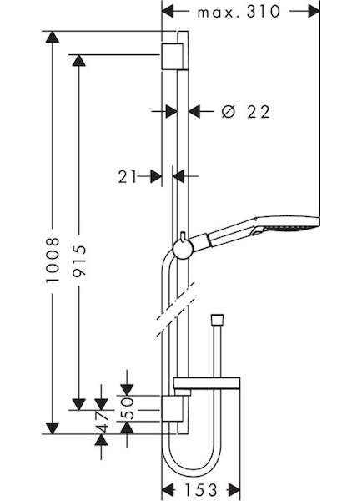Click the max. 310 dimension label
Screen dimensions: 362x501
click(239, 13)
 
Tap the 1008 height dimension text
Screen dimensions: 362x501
click(53, 260)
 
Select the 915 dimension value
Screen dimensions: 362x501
click(79, 261)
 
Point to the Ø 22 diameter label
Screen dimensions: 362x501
click(246, 112)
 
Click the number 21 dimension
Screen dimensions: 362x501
click(127, 177)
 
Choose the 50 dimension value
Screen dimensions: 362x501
click(127, 408)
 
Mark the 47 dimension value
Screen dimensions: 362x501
click(102, 422)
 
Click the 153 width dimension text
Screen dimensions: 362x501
click(201, 490)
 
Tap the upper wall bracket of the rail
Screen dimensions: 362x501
click(173, 56)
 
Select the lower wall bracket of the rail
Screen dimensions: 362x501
click(173, 409)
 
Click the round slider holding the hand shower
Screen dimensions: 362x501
click(183, 249)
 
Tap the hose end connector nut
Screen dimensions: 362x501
click(217, 321)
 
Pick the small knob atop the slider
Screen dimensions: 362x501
click(183, 235)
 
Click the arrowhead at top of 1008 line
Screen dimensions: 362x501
click(53, 37)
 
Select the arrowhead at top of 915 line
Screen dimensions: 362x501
click(79, 60)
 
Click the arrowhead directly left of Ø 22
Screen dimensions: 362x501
click(194, 112)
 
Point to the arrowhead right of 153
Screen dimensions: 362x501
click(234, 490)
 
